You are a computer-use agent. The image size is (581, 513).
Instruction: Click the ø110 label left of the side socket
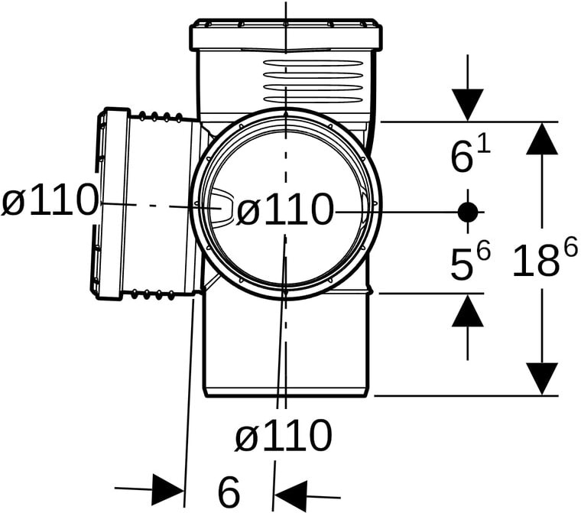click(x=49, y=200)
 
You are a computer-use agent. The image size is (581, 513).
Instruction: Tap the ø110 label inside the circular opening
click(x=284, y=209)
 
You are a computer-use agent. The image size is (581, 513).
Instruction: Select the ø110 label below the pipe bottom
click(x=283, y=435)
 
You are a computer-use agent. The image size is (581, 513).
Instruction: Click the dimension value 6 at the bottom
click(x=229, y=492)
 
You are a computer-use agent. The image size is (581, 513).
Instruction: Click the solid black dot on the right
click(x=468, y=212)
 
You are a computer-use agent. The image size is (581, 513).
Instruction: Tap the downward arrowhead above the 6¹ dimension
click(x=468, y=105)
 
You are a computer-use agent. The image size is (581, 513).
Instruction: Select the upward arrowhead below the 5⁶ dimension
click(x=468, y=310)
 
